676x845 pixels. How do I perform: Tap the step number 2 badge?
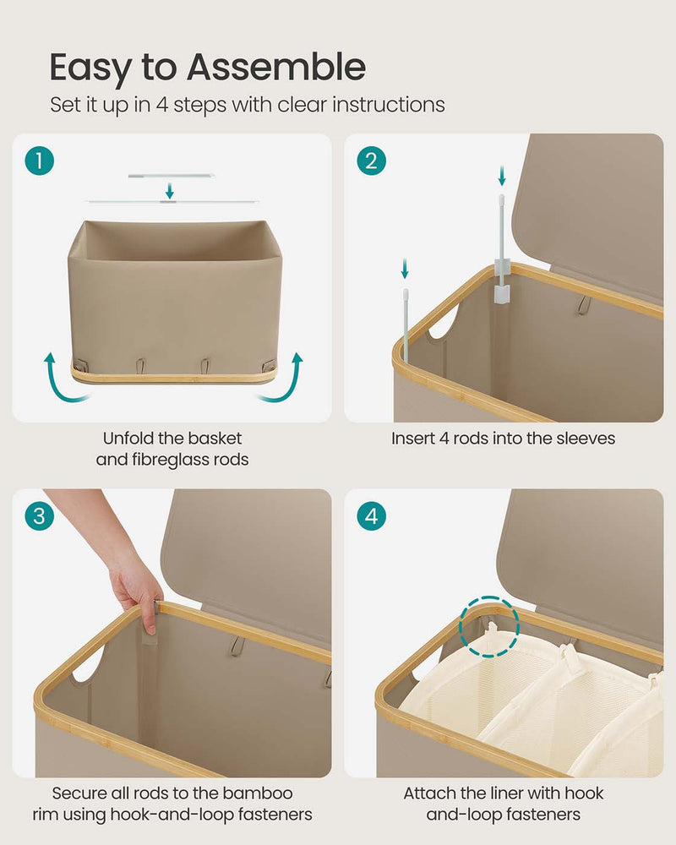coord(371,160)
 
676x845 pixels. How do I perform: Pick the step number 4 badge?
coord(371,515)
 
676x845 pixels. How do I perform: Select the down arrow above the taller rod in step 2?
coord(502,176)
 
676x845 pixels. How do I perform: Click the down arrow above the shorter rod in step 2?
coord(406,270)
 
